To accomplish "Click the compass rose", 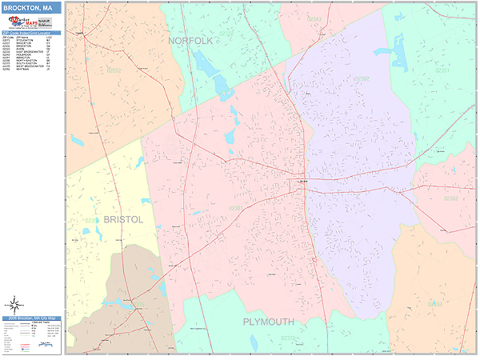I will click(x=14, y=304).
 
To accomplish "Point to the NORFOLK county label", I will click(x=190, y=40).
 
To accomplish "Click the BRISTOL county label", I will click(x=122, y=219).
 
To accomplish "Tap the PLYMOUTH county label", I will click(x=269, y=322).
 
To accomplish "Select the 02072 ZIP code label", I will click(x=114, y=70).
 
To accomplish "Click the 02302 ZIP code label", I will click(x=361, y=78).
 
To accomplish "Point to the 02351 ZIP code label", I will click(x=442, y=70).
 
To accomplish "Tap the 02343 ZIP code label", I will click(x=314, y=18).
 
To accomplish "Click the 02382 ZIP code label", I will click(x=451, y=198).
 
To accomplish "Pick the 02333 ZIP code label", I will click(x=434, y=304).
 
